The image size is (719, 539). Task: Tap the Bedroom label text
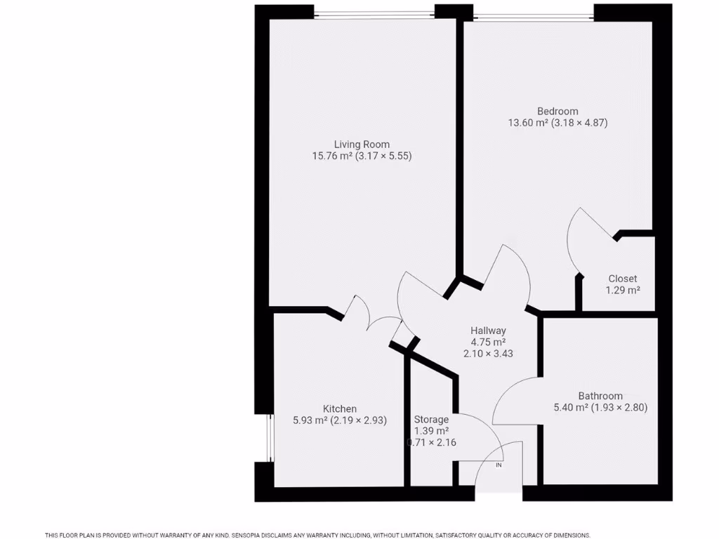click(x=558, y=111)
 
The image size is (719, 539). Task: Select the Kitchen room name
click(x=340, y=409)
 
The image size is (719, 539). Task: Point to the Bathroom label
click(x=600, y=396)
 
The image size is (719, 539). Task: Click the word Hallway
click(x=488, y=331)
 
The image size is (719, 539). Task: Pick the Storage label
click(x=431, y=420)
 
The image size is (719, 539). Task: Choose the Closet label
click(x=623, y=279)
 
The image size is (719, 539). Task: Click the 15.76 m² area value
click(x=332, y=157)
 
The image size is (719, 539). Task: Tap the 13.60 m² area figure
click(x=528, y=123)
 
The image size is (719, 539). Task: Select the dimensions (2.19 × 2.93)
click(x=359, y=421)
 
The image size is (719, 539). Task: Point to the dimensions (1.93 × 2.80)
click(x=620, y=407)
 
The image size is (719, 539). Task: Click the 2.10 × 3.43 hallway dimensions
click(x=488, y=354)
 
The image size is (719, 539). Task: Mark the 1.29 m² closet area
click(x=623, y=290)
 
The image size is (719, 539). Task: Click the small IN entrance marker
click(x=499, y=465)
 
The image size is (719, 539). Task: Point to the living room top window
click(x=374, y=14)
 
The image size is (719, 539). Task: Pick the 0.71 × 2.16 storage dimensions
click(x=431, y=443)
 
